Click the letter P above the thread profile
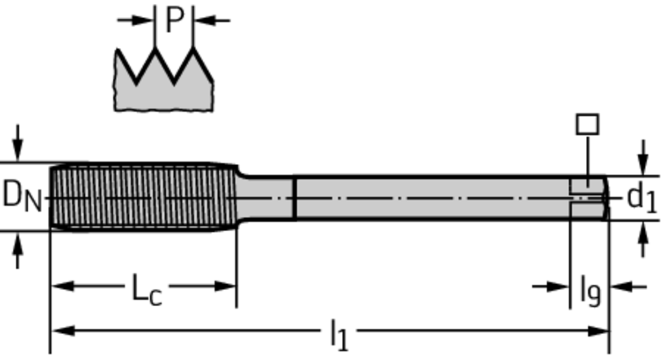pos(175,19)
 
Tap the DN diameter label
pos(23,196)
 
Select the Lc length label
pos(147,289)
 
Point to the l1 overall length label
pos(339,335)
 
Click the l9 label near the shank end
pos(590,290)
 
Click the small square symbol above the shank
pos(588,124)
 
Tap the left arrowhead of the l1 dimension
pos(63,331)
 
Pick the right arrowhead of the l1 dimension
pos(598,331)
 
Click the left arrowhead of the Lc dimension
pos(63,286)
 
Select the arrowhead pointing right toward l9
pos(558,287)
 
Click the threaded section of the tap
pos(144,197)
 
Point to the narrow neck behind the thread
pos(265,197)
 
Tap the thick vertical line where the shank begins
pos(295,197)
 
